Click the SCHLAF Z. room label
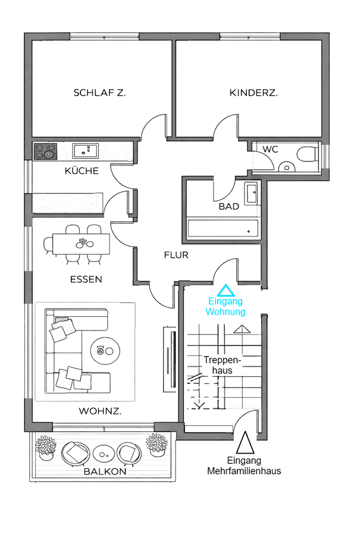tap(99, 93)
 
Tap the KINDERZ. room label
tap(254, 93)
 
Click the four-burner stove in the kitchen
tap(45, 151)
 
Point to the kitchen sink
tap(86, 151)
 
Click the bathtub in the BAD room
tap(223, 229)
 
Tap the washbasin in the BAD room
tap(251, 193)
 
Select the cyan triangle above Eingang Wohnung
tap(226, 291)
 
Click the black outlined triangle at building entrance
tap(244, 444)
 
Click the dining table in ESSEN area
tap(82, 244)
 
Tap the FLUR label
tap(176, 255)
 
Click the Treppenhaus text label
tap(221, 365)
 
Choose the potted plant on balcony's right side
tap(156, 444)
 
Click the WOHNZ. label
tap(101, 411)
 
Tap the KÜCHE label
tap(82, 171)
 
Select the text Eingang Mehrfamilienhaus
tap(244, 466)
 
